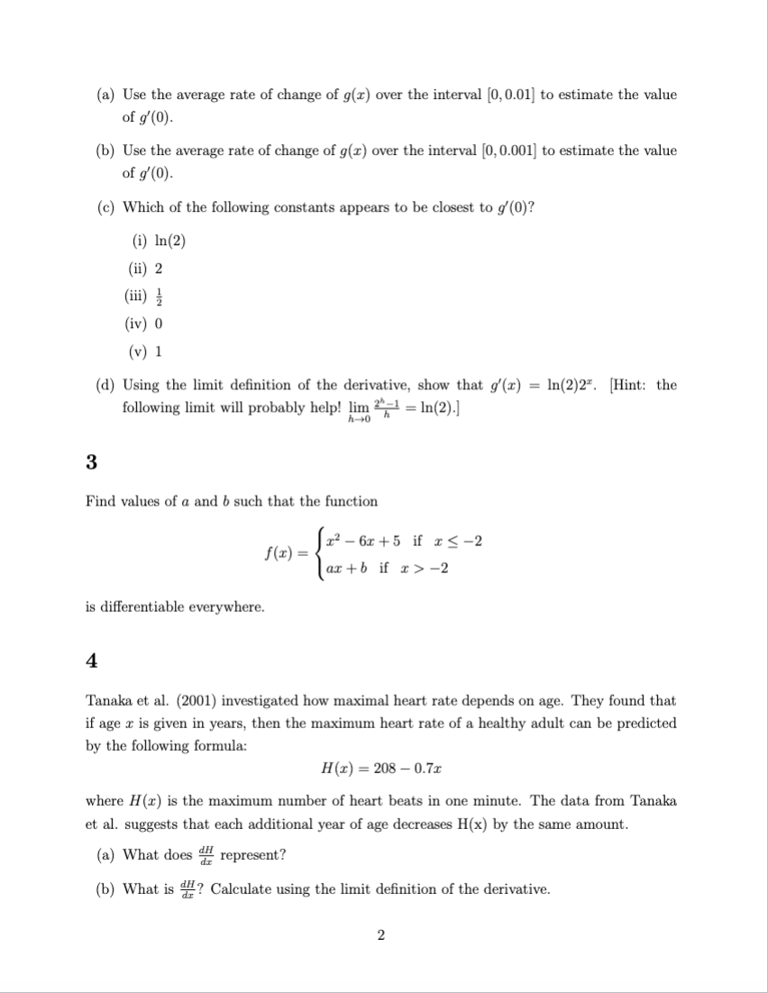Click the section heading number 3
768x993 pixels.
(91, 462)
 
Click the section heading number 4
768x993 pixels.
(91, 660)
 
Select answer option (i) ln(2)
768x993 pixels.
(154, 241)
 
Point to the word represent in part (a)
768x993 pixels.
(252, 854)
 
